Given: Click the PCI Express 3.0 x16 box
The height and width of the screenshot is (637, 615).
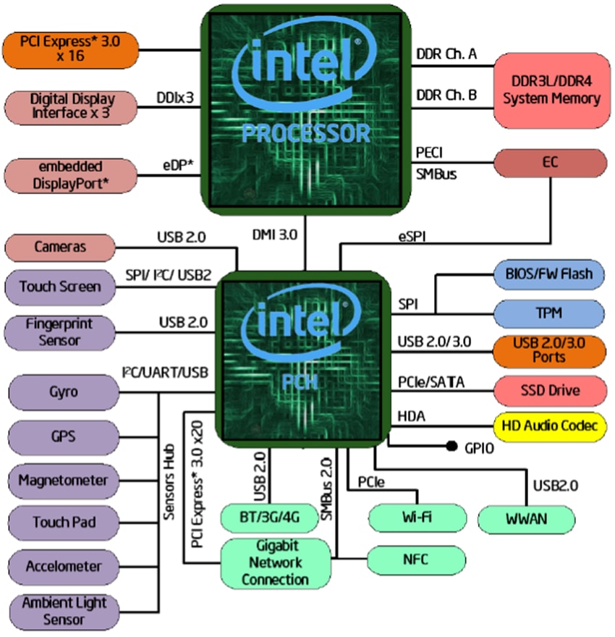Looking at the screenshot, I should [71, 50].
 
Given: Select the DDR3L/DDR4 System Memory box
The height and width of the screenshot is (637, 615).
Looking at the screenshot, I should [551, 90].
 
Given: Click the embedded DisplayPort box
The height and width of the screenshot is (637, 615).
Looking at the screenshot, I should [71, 176].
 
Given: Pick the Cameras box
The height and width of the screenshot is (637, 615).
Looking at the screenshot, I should [59, 247].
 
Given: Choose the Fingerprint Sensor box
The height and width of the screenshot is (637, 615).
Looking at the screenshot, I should [59, 332].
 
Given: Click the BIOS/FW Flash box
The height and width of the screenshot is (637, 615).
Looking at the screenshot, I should [549, 274].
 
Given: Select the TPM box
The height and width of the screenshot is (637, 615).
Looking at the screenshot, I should [549, 314].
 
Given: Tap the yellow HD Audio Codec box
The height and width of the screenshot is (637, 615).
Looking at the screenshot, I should [549, 426].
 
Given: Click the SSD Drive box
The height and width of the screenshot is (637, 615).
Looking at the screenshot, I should [549, 391].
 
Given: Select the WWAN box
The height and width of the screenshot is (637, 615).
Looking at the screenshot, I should [527, 519].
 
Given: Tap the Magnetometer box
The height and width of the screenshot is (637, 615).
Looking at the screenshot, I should [63, 480].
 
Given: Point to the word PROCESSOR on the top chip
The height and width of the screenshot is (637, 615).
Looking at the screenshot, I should [305, 133].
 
